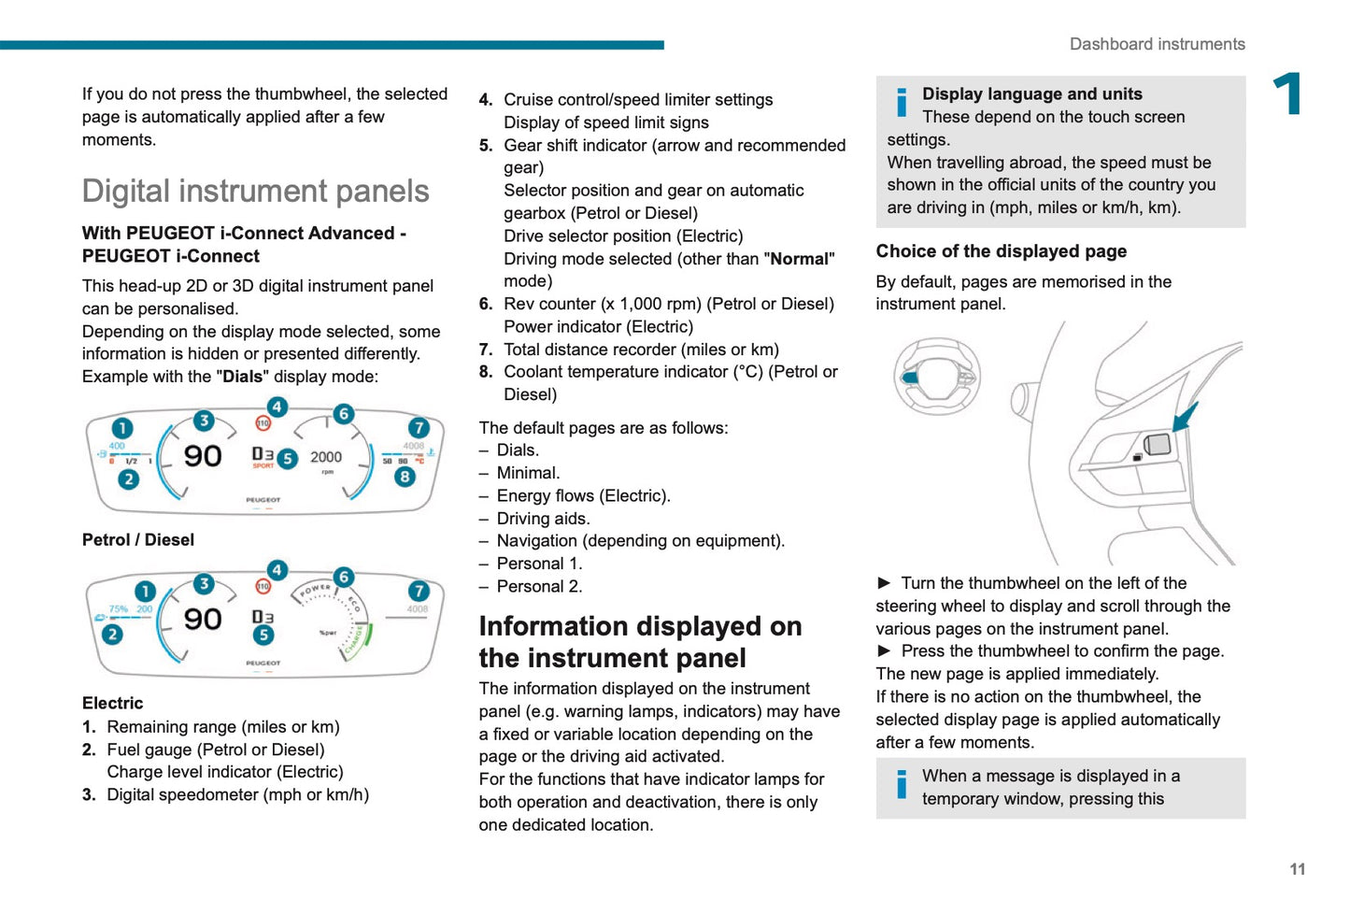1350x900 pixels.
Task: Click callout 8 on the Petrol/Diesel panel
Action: pos(405,477)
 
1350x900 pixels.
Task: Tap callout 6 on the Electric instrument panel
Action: pos(344,578)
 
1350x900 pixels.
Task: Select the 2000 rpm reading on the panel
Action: pos(326,457)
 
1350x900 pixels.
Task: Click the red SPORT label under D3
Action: pos(263,465)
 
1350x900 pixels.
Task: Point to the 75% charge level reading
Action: pos(119,609)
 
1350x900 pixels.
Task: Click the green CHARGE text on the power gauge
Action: pos(355,640)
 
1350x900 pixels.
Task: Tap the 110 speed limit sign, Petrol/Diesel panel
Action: pos(263,423)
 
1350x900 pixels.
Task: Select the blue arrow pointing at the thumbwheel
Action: pos(1185,417)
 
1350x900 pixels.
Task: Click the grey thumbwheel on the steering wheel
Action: pos(1158,444)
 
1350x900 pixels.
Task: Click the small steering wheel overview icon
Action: pos(936,376)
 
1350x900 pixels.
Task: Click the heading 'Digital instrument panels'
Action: pos(255,191)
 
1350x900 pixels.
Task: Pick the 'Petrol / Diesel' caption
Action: pos(138,540)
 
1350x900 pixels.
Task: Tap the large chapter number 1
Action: pos(1288,94)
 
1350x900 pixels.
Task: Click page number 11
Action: pos(1297,869)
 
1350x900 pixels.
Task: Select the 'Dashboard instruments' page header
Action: pos(1157,44)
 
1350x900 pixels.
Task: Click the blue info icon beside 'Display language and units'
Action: pos(902,102)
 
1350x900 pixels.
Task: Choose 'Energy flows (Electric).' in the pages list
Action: pos(583,496)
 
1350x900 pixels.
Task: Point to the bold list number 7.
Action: pos(486,350)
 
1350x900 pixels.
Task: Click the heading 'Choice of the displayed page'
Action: pos(1001,251)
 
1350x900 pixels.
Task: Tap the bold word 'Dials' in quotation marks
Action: pos(242,377)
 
